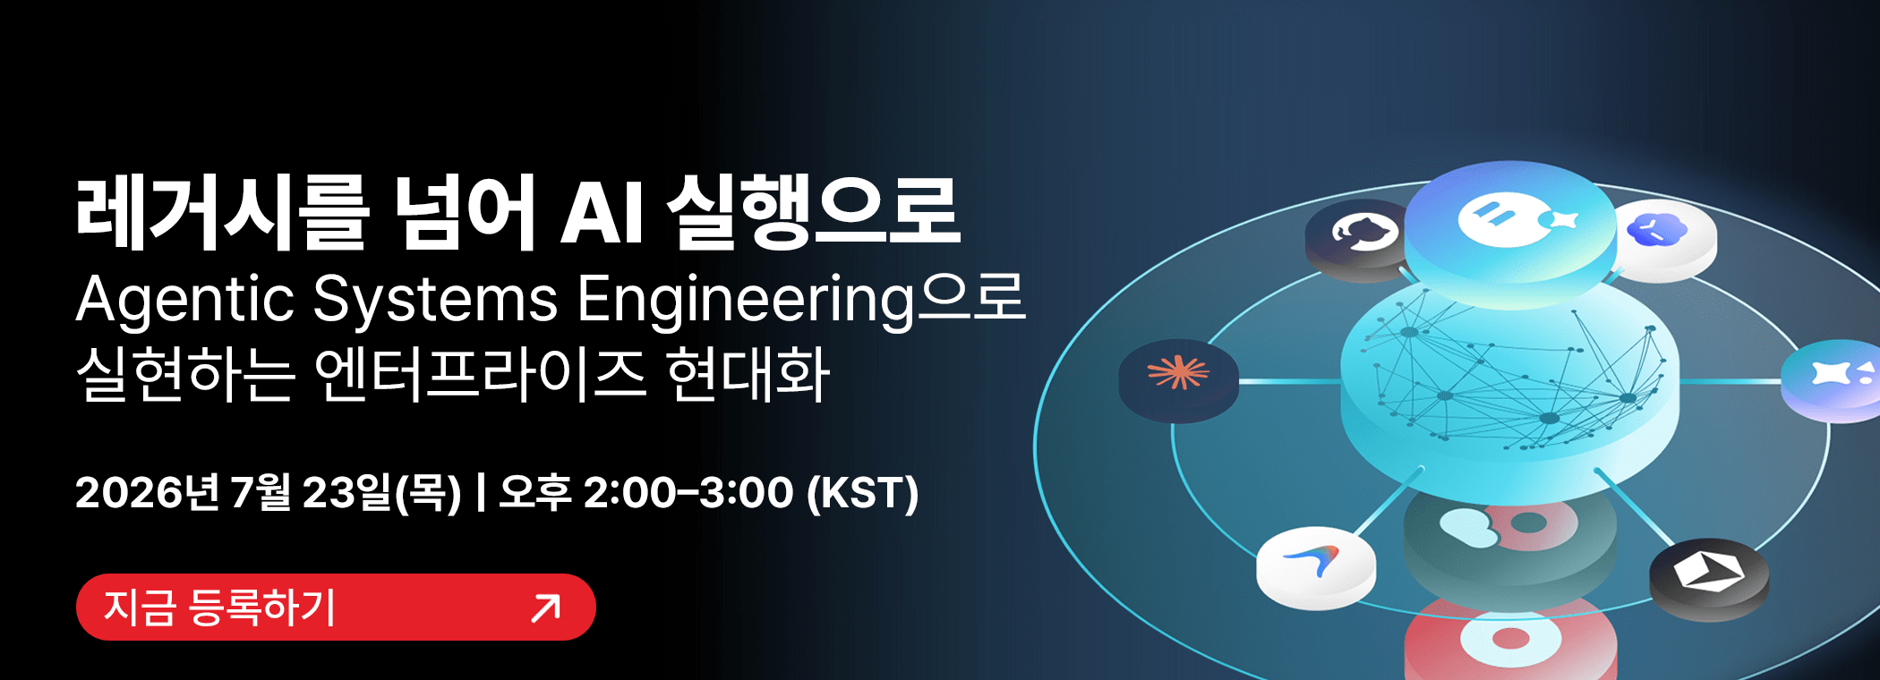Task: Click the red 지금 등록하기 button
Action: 336,607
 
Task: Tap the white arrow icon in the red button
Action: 545,608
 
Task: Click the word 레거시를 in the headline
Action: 222,212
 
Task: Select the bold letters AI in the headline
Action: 602,213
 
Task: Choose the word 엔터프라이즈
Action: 480,374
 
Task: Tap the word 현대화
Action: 748,374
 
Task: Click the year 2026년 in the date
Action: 148,492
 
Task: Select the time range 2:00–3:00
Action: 688,492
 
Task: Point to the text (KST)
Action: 863,493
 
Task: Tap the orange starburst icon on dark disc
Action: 1178,379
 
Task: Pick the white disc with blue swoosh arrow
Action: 1315,567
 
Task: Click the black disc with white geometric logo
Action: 1709,578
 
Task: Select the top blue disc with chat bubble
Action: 1510,229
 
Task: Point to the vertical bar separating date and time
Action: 482,493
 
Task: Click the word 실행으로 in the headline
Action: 814,212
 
